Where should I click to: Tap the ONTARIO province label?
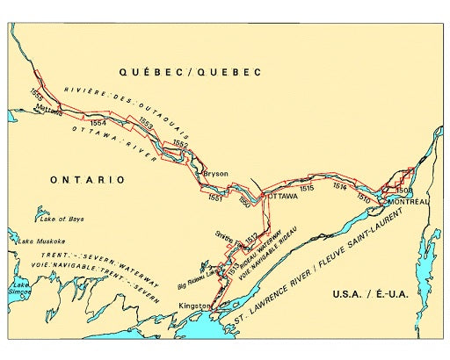click(87, 179)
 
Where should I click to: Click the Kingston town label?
click(194, 306)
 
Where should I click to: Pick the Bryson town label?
click(215, 174)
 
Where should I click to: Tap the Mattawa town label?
click(49, 111)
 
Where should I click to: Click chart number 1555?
click(36, 97)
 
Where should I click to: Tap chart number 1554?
click(98, 124)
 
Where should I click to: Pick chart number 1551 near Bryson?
click(215, 198)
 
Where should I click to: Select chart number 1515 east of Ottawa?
click(307, 188)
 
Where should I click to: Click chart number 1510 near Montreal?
click(363, 198)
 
